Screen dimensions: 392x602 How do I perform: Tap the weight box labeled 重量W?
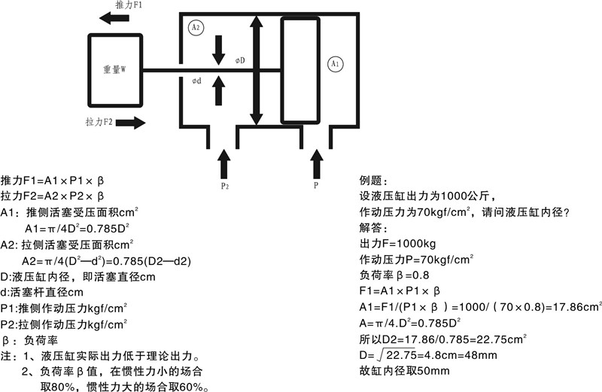coord(114,70)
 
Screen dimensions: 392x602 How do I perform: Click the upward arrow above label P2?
coord(223,162)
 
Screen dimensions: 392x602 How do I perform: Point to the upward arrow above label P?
coord(316,162)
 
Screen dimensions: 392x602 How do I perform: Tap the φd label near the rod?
coord(196,81)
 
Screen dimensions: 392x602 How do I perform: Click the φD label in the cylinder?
coord(239,59)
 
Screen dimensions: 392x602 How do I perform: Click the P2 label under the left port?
coord(224,184)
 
